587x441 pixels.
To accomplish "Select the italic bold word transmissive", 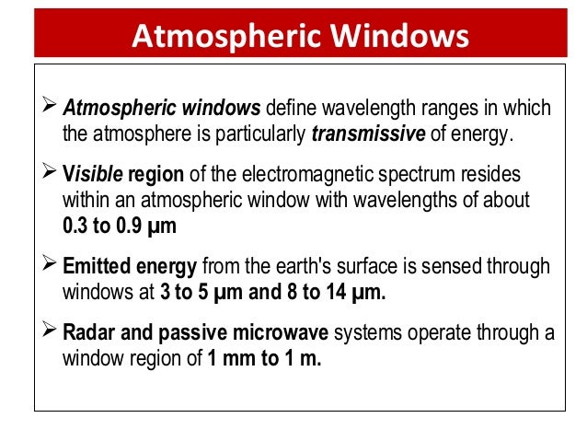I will (368, 134).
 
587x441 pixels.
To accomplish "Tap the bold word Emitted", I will (96, 266).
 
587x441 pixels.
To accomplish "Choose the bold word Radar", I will (87, 333).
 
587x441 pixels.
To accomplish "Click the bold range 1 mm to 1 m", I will (265, 357).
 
